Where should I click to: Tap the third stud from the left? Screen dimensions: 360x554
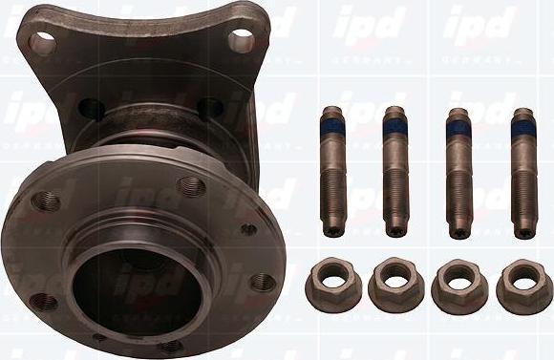click(x=458, y=172)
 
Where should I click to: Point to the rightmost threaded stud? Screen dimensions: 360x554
click(x=522, y=172)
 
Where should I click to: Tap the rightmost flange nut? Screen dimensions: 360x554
click(x=523, y=285)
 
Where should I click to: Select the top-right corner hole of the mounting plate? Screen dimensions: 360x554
click(x=243, y=39)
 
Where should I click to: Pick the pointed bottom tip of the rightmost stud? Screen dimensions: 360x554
click(x=523, y=232)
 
